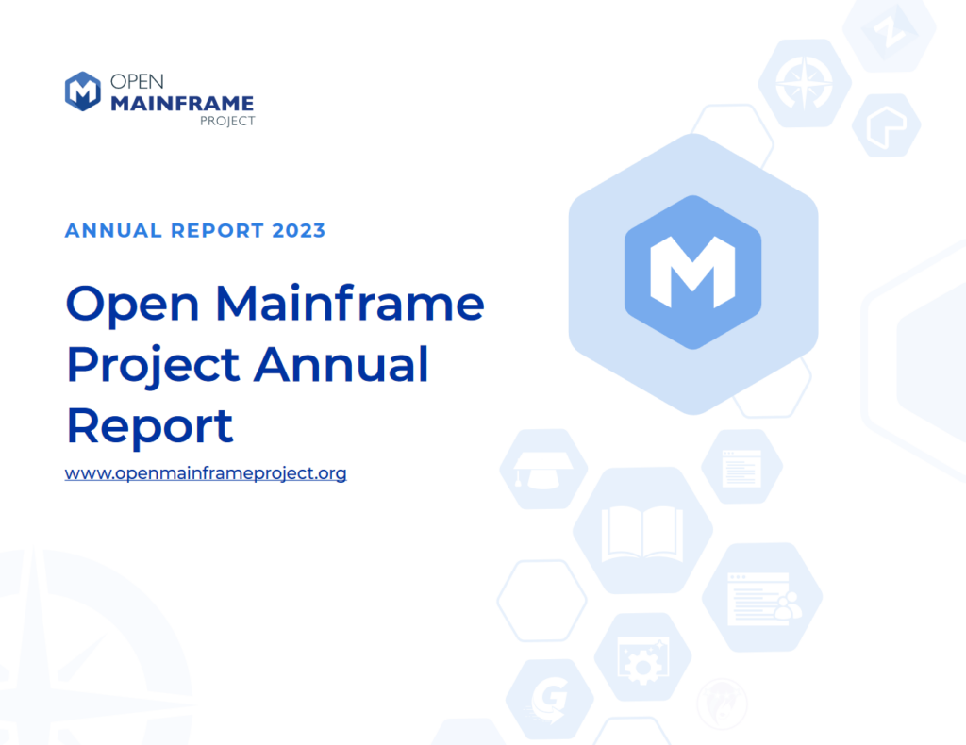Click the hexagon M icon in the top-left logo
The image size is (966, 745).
pos(83,91)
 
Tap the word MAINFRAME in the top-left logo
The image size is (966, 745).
pos(182,103)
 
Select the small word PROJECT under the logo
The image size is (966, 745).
pos(228,121)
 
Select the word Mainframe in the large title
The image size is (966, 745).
pos(351,304)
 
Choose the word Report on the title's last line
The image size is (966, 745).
pos(149,426)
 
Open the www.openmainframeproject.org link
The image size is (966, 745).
pos(206,473)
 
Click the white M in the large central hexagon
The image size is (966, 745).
pos(693,272)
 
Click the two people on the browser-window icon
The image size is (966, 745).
pos(785,609)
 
